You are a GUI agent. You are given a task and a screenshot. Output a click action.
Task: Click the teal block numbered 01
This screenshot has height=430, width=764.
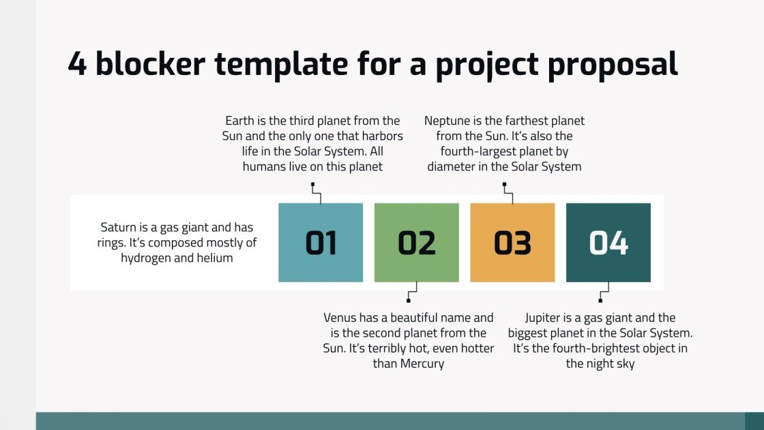coord(321,242)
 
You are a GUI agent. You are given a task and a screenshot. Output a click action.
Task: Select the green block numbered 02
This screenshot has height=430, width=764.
coord(416,242)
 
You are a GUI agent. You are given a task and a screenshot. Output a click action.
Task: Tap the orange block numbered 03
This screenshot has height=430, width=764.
coord(512,242)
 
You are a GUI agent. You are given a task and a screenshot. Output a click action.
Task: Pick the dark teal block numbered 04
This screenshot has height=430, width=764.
coord(608,242)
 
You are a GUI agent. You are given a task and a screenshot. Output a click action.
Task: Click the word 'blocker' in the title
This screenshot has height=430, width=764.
coord(151,63)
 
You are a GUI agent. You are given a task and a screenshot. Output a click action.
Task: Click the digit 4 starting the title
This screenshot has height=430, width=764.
coord(77,63)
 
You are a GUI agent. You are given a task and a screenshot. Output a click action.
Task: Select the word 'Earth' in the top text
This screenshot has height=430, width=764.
coord(239,121)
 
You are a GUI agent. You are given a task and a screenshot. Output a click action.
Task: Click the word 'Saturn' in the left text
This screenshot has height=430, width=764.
coord(119,227)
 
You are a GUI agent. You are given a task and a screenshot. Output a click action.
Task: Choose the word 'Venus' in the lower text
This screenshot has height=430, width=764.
coord(340,317)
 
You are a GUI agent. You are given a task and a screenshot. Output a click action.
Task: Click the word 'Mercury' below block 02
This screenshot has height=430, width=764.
coord(418,363)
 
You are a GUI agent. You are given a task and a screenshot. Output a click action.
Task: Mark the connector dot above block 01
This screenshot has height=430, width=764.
coord(312,184)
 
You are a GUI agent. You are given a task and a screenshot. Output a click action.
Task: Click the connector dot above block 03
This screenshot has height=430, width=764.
coord(504,184)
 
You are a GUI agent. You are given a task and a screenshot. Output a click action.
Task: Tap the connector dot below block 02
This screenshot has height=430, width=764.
coord(408,300)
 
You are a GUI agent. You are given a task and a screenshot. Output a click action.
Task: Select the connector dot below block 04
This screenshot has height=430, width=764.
coord(600,300)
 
